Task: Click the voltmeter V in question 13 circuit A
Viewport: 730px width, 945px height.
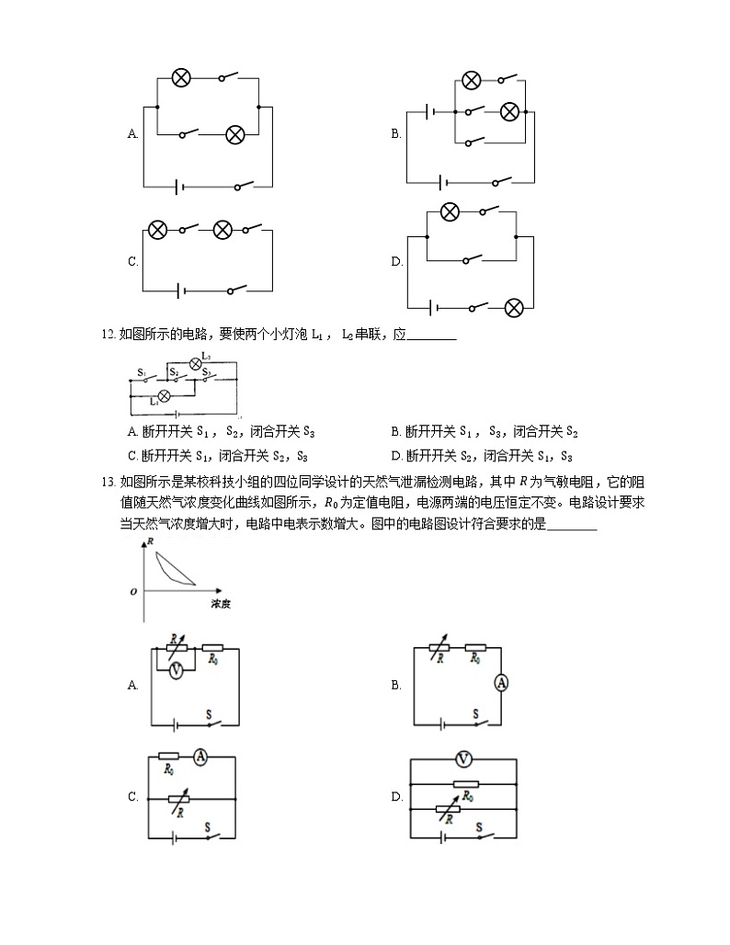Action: (175, 671)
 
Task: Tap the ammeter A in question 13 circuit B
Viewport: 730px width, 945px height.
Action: (501, 682)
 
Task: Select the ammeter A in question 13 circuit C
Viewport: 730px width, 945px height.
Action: (200, 757)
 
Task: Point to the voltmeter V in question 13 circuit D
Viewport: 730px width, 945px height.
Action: (463, 759)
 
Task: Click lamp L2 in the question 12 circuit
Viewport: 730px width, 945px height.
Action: (195, 363)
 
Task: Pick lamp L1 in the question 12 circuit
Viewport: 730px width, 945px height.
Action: (165, 394)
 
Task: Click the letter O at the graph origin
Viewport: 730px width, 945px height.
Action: (134, 592)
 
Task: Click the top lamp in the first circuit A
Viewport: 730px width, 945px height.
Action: (181, 78)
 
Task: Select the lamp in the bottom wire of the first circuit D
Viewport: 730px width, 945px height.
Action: (515, 306)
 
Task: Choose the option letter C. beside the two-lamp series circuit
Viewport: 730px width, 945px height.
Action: (132, 262)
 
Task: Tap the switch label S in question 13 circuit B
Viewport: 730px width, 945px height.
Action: (475, 713)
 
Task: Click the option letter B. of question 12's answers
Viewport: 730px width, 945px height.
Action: (396, 432)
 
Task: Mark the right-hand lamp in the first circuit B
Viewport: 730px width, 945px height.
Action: (509, 111)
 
